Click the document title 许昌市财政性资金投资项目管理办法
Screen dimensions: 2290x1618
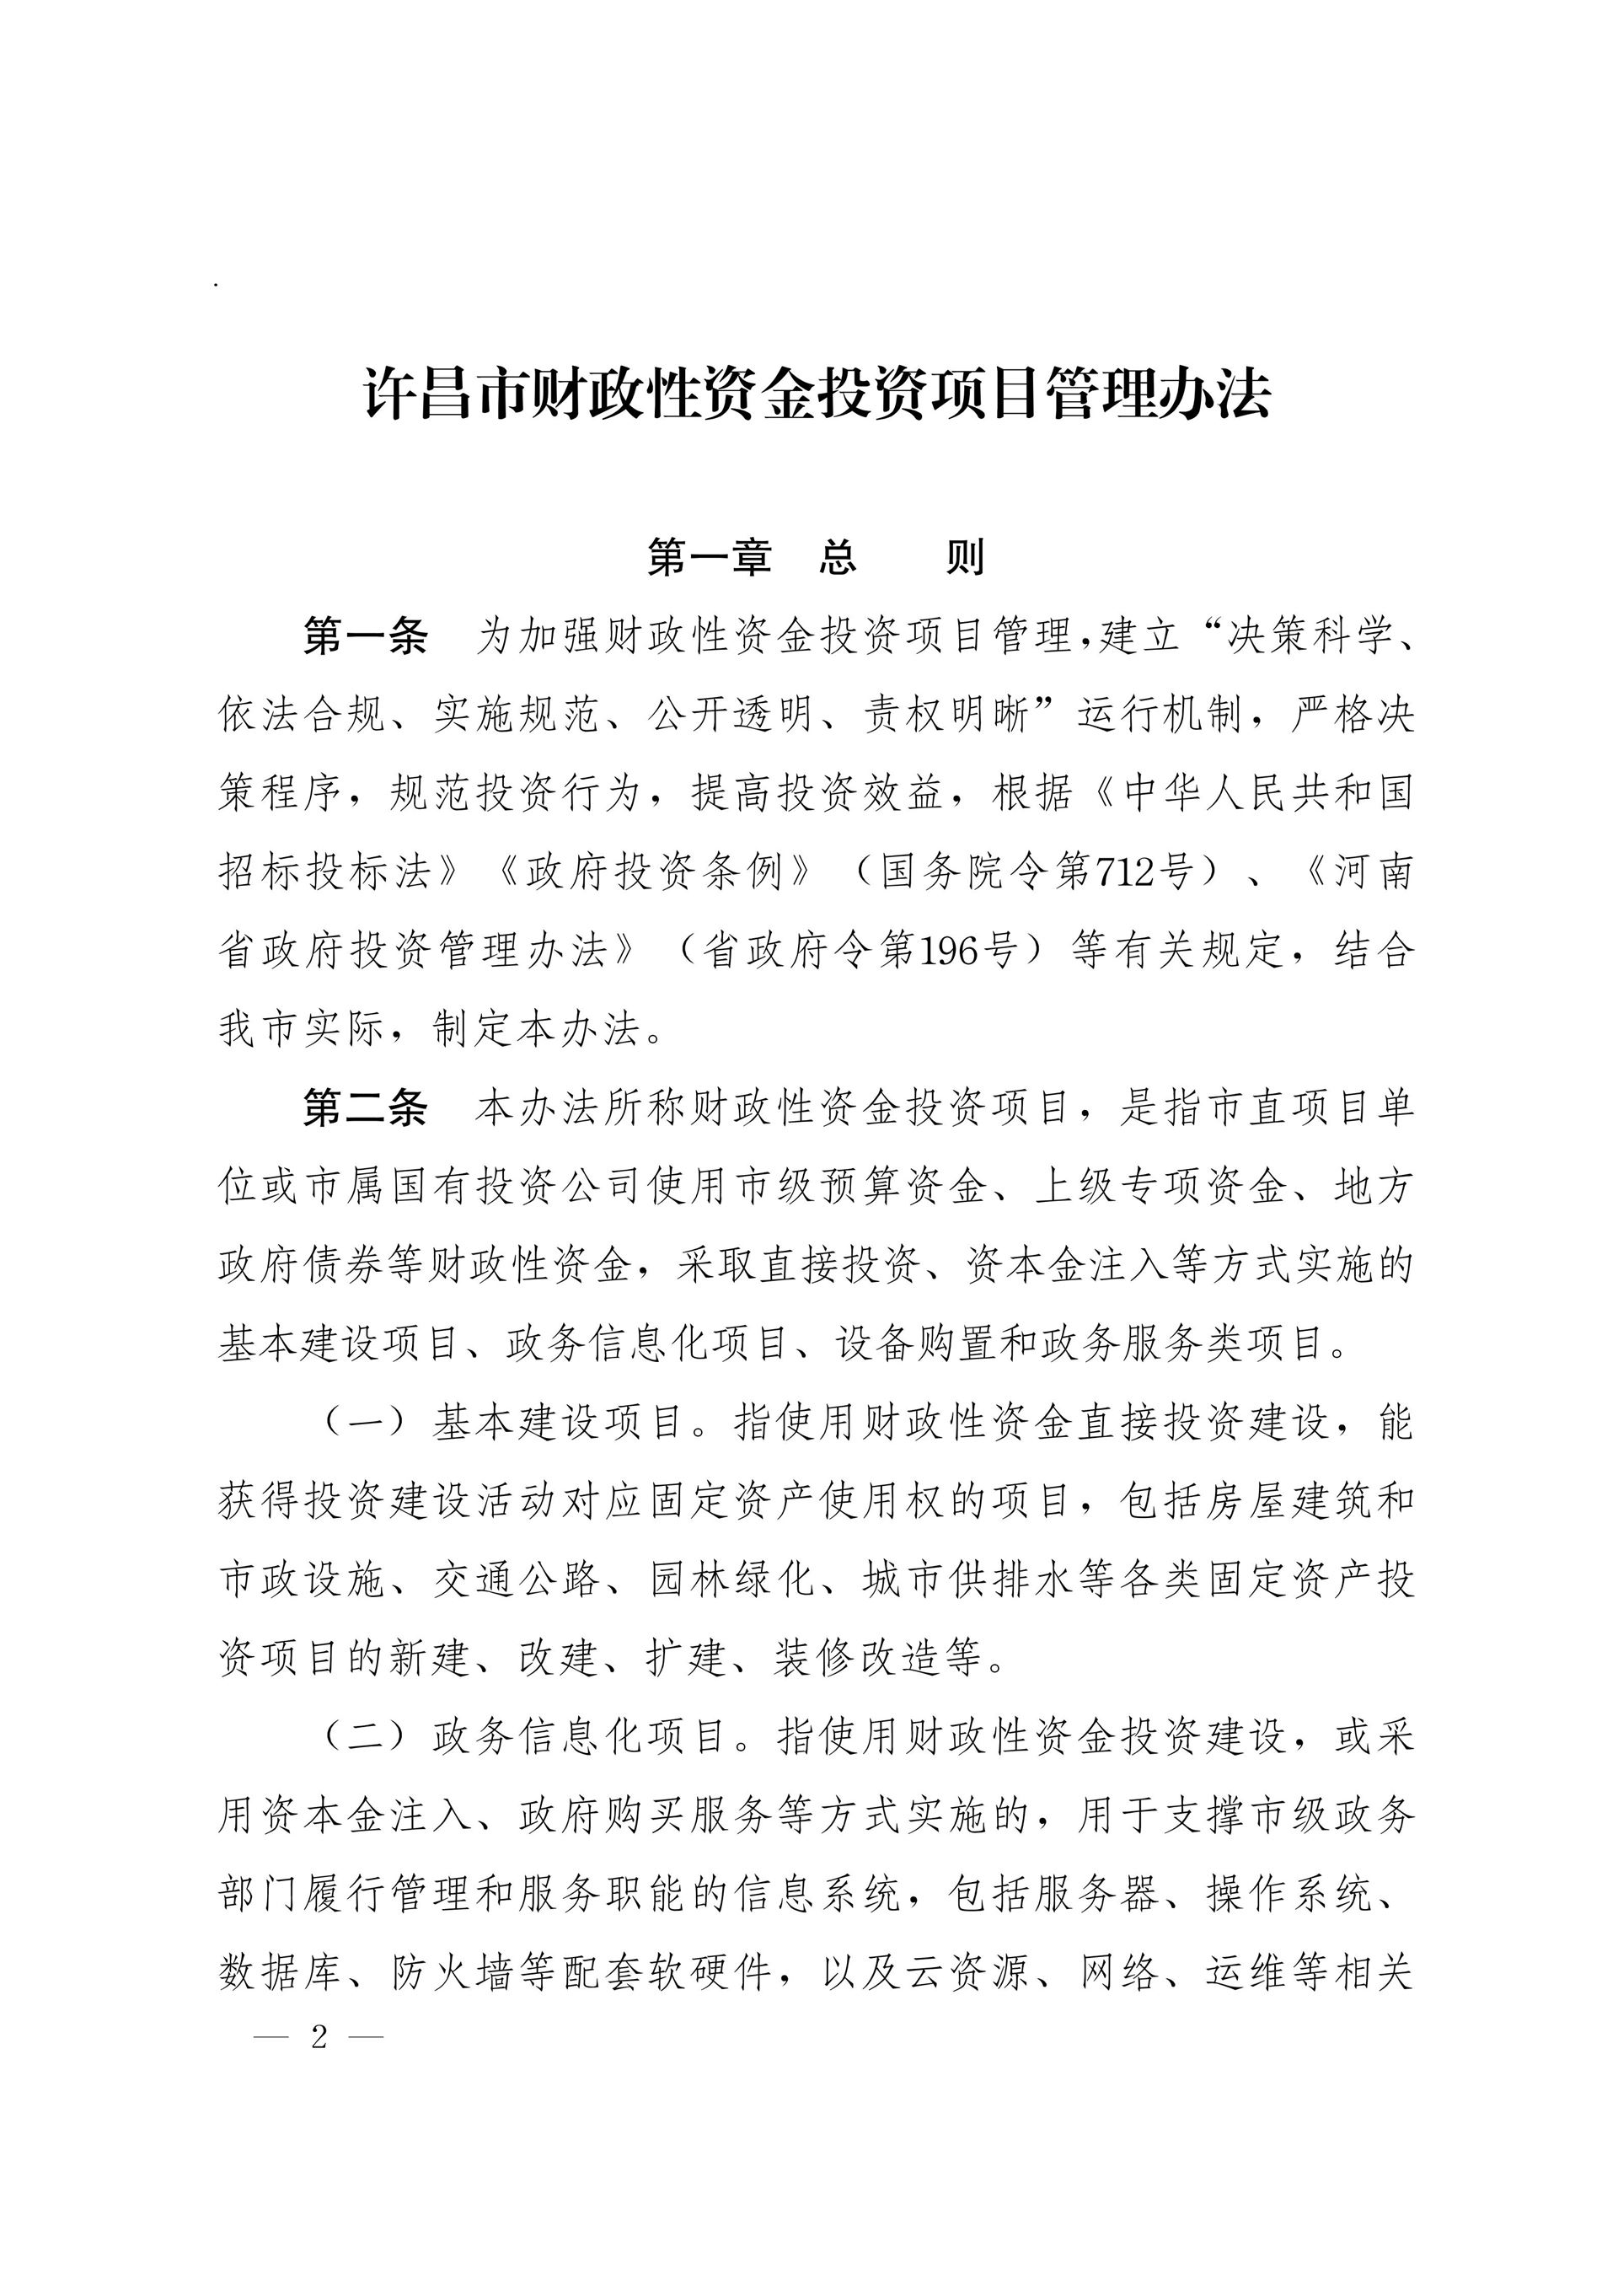pos(816,394)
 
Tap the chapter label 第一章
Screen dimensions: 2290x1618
pos(710,556)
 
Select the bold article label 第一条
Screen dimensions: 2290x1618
pos(365,636)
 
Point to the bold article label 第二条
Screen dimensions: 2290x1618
pos(365,1108)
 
